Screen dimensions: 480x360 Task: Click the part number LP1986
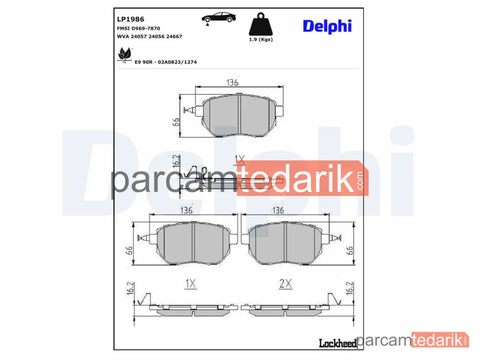(x=131, y=19)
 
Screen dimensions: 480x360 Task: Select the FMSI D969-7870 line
(x=138, y=28)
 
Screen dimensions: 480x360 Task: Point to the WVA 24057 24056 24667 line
(x=149, y=36)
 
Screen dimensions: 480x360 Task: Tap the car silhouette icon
(x=218, y=18)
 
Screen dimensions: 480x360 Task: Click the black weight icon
(x=261, y=24)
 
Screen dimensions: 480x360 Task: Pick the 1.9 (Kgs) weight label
(x=261, y=39)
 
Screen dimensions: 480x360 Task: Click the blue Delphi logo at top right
(x=327, y=26)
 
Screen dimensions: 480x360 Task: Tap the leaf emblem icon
(x=125, y=55)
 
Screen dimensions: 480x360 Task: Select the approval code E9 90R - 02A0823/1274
(x=166, y=62)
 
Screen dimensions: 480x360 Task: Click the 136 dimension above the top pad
(x=232, y=83)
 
